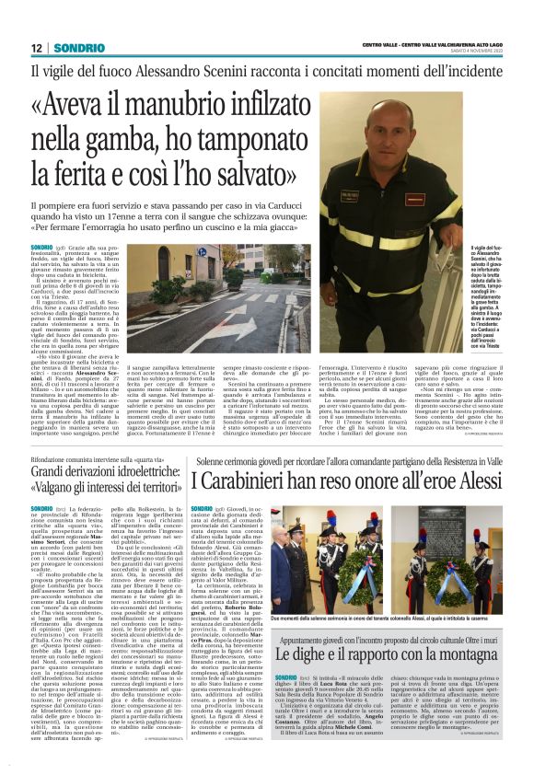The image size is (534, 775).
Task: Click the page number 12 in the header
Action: click(x=37, y=47)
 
